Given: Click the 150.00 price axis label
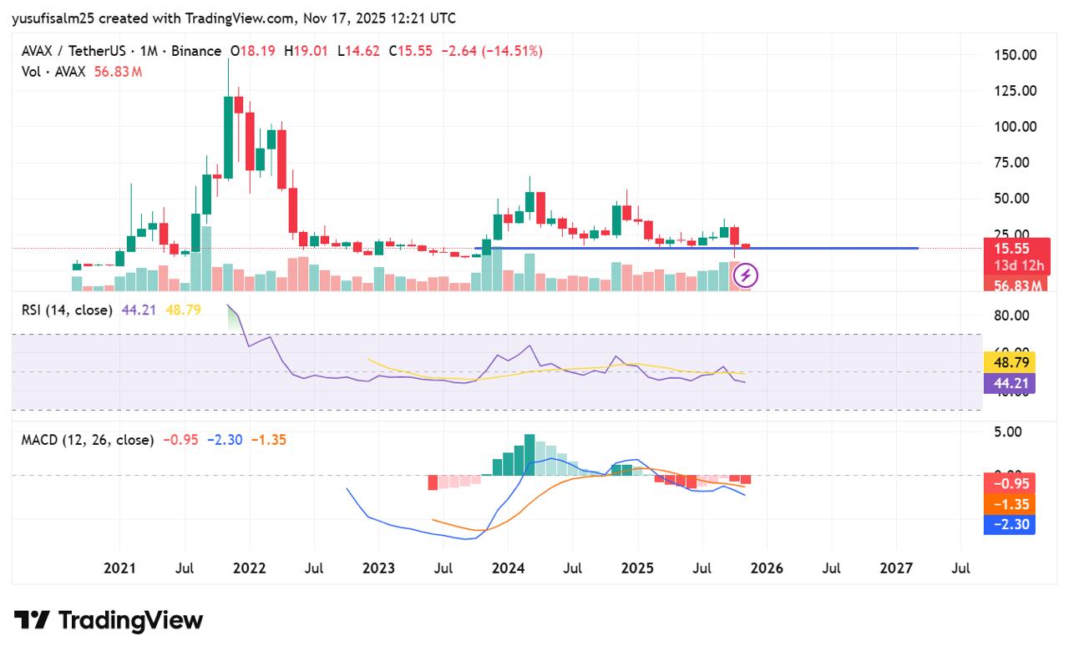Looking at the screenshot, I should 1015,55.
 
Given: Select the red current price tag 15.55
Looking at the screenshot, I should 1011,249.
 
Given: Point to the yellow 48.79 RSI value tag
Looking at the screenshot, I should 1010,362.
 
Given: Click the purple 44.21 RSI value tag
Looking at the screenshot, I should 1010,383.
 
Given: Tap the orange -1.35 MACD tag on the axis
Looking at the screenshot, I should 1010,504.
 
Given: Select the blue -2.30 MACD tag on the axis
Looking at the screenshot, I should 1010,524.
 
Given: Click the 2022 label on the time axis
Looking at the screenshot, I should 249,568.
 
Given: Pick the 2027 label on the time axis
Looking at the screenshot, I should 896,568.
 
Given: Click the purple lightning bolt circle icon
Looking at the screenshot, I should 745,275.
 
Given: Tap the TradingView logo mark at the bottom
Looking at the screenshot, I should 32,621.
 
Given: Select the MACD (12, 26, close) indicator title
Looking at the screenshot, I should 88,439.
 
